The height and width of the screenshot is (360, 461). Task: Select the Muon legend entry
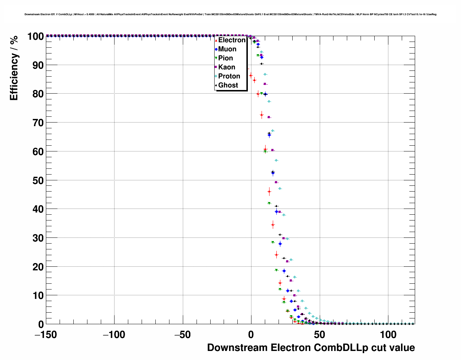[227, 49]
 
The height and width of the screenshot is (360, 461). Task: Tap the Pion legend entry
[225, 58]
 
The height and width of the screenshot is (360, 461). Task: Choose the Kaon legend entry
[227, 67]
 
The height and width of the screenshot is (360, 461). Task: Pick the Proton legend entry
[229, 76]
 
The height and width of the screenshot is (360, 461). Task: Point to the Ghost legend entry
[228, 85]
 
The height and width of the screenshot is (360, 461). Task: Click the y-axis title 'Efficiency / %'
[14, 68]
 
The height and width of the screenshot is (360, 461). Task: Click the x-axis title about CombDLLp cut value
[311, 348]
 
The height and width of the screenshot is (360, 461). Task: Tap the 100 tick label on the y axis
[35, 37]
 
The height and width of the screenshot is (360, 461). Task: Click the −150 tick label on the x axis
[46, 335]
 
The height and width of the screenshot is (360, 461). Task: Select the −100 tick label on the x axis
[114, 335]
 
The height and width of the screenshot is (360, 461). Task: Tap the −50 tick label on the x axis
[182, 335]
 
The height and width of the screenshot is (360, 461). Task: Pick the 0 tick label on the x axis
[251, 335]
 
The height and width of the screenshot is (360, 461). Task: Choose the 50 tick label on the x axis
[319, 335]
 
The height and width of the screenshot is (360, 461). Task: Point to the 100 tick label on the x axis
[388, 335]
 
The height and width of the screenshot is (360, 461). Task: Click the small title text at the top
[231, 14]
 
